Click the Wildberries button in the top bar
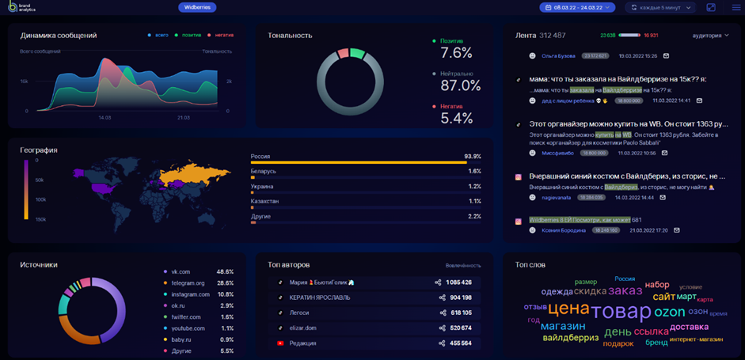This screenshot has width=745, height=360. pos(197,7)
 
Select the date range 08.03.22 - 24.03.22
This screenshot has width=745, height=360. pos(577,7)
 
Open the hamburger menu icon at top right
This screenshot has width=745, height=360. pos(736,7)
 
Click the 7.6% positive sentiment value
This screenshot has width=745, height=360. pos(456,53)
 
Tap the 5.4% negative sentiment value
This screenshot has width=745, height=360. pos(456,118)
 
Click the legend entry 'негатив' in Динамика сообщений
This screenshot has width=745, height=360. pos(221,36)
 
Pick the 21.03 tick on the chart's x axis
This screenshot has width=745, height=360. pos(184,117)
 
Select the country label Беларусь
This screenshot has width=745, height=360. pos(264,171)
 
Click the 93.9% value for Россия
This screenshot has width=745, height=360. pos(473,156)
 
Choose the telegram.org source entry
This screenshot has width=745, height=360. pos(188,282)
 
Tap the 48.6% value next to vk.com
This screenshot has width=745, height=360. pos(225,271)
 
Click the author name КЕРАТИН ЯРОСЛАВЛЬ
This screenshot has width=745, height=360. pos(320,297)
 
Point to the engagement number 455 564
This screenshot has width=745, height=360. pos(459,343)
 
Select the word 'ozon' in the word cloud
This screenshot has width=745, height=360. pos(669,311)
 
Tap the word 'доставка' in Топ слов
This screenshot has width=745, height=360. pos(689,326)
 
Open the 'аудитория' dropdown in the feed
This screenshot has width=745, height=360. pos(710,36)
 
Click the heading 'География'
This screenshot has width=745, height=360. pos(39,150)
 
